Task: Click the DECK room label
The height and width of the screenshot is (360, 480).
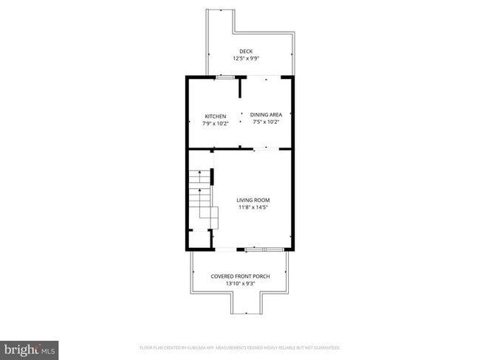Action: [x=245, y=51]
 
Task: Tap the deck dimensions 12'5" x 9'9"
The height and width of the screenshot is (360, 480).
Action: [x=245, y=58]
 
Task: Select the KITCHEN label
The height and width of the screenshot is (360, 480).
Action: [x=215, y=117]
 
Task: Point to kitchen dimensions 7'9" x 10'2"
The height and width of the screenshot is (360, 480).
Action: [x=215, y=123]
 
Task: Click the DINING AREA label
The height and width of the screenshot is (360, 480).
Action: [x=267, y=114]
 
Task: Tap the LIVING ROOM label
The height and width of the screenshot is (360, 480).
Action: [x=253, y=200]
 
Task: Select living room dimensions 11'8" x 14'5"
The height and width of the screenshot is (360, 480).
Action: [x=253, y=207]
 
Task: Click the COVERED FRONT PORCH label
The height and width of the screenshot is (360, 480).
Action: [x=240, y=276]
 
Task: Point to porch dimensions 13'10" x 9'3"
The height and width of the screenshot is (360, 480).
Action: [x=240, y=283]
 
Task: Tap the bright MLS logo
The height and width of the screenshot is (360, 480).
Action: [x=30, y=347]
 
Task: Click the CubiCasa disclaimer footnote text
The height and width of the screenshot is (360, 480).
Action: [x=240, y=347]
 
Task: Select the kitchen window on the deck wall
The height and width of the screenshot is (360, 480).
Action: [x=225, y=76]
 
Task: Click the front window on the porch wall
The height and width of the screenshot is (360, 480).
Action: [x=264, y=249]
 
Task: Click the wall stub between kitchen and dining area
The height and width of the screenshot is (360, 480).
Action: [x=240, y=89]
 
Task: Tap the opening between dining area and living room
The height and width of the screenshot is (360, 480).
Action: [x=266, y=150]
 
